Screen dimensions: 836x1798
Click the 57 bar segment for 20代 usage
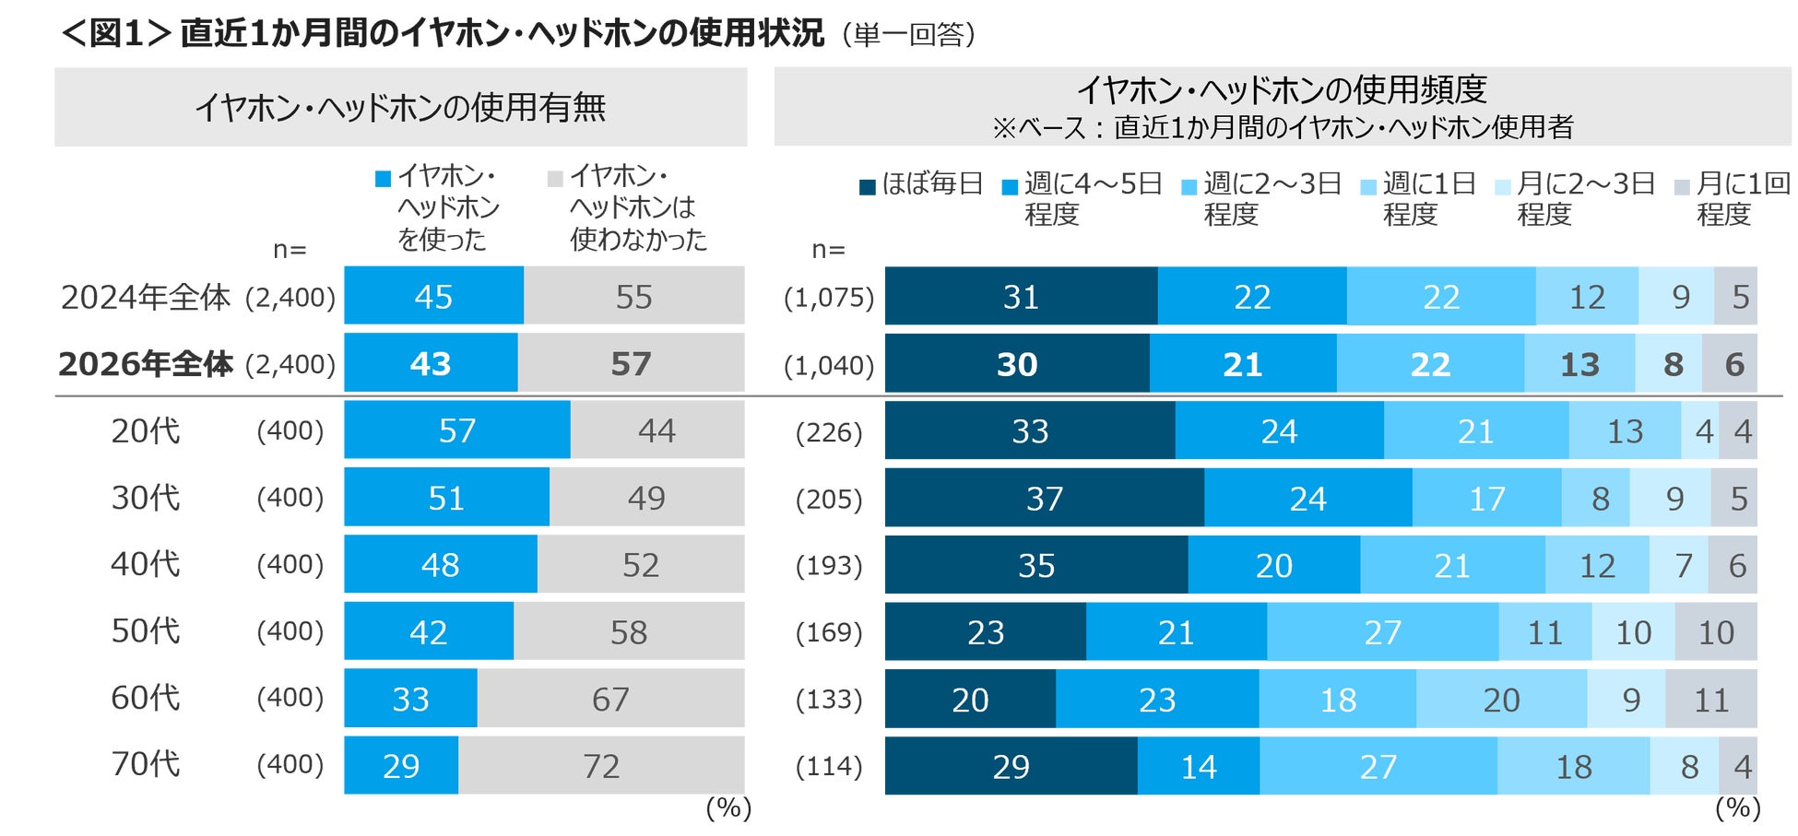(x=456, y=430)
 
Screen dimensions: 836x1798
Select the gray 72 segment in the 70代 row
(x=600, y=765)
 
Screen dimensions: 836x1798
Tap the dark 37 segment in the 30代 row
(x=1044, y=498)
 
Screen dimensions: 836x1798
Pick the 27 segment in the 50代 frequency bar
(x=1382, y=632)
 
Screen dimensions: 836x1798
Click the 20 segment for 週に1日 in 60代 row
(x=1501, y=700)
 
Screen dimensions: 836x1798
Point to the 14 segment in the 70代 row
(x=1198, y=766)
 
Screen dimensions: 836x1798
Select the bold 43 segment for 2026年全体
(x=430, y=364)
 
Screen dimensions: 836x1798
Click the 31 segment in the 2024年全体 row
(x=1020, y=297)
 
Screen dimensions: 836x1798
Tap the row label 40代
(x=145, y=564)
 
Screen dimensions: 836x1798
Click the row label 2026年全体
(x=146, y=364)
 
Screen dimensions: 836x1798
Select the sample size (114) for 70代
(x=828, y=766)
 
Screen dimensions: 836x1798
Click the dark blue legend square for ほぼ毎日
(x=867, y=187)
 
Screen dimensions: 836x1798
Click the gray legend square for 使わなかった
(x=555, y=179)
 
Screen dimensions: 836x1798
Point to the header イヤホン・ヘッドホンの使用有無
(x=400, y=108)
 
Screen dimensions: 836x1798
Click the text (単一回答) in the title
(x=908, y=35)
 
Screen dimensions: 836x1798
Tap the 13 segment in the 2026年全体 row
(x=1579, y=364)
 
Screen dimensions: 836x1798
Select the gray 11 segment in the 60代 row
(x=1710, y=700)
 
